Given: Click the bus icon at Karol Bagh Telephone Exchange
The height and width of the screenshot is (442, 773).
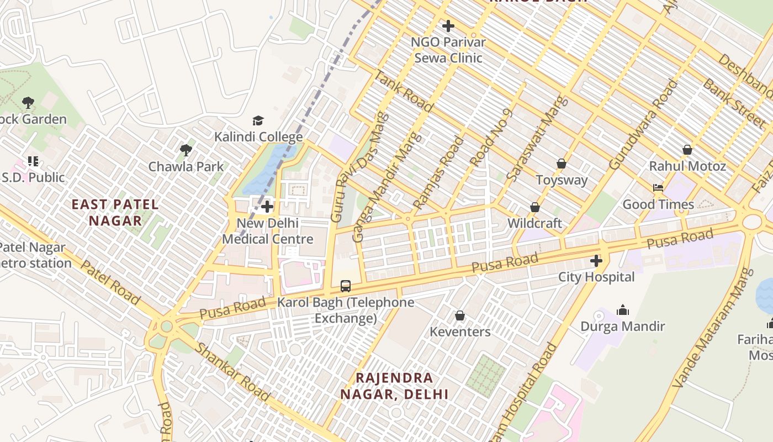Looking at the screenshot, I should (x=346, y=286).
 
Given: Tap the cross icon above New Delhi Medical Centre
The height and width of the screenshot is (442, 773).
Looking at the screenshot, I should (x=268, y=207).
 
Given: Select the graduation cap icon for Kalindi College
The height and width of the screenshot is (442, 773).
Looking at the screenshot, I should (x=258, y=120).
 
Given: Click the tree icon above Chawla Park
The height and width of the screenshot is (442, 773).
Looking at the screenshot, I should (x=186, y=150).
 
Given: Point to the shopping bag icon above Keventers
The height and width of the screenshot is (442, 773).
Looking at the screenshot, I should (x=459, y=315).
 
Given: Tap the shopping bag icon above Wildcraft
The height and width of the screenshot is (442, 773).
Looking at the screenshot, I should (x=534, y=207).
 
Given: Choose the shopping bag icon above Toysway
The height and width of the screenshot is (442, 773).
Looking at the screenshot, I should (x=561, y=164).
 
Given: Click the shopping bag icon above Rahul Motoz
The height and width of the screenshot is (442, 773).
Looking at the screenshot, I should (x=687, y=150).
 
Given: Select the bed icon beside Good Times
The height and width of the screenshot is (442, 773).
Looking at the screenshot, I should (x=658, y=188).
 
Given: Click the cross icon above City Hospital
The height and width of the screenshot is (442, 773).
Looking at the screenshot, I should (x=596, y=260).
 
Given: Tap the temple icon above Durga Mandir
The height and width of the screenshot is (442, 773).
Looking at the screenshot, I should (x=623, y=310).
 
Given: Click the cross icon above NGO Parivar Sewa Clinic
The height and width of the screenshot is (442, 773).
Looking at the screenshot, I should (x=448, y=25).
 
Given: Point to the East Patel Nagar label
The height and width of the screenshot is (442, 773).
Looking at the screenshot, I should (x=115, y=213).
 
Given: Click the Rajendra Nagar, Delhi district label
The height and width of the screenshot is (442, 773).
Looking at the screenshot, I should (x=394, y=386).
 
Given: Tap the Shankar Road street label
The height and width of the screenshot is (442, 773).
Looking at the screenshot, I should (x=232, y=372).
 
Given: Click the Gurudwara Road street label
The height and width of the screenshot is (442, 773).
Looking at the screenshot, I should (x=643, y=125).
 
